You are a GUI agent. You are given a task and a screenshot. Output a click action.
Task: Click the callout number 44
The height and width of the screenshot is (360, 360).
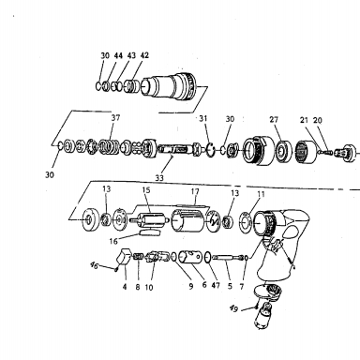(x=118, y=55)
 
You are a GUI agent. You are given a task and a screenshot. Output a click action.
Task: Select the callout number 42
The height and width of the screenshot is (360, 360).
(x=144, y=55)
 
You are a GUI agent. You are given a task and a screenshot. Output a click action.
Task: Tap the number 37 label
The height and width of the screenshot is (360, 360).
(x=115, y=118)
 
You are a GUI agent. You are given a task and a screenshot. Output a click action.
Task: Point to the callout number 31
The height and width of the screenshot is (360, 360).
(x=203, y=118)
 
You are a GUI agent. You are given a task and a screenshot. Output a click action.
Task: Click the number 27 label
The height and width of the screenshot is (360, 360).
(x=274, y=119)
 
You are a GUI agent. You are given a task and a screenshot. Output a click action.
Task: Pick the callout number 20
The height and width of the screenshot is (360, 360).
(x=318, y=120)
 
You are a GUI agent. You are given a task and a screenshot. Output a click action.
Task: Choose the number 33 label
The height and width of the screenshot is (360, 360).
(x=159, y=178)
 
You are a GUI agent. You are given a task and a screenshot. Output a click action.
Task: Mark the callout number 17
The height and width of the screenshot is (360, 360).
(x=195, y=191)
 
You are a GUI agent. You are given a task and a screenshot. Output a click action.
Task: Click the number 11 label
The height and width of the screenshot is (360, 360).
(x=261, y=194)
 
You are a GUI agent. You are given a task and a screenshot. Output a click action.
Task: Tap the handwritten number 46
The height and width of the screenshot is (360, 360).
(x=94, y=265)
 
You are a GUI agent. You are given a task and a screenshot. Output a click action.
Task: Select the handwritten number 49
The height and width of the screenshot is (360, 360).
(x=233, y=308)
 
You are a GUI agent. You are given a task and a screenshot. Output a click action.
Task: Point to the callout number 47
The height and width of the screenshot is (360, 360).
(x=216, y=285)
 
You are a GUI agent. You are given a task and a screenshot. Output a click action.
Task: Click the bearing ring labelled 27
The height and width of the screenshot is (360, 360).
(x=284, y=152)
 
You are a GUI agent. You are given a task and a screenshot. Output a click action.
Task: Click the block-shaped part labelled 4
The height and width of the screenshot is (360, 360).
(x=125, y=257)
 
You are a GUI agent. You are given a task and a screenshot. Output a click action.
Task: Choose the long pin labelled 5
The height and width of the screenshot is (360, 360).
(x=229, y=258)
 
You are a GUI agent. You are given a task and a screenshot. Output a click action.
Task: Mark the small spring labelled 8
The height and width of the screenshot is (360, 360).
(x=138, y=257)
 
